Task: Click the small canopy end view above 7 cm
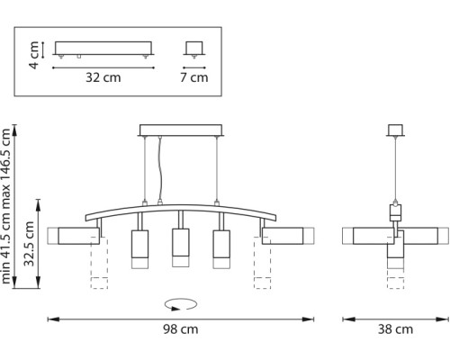click(192, 48)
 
